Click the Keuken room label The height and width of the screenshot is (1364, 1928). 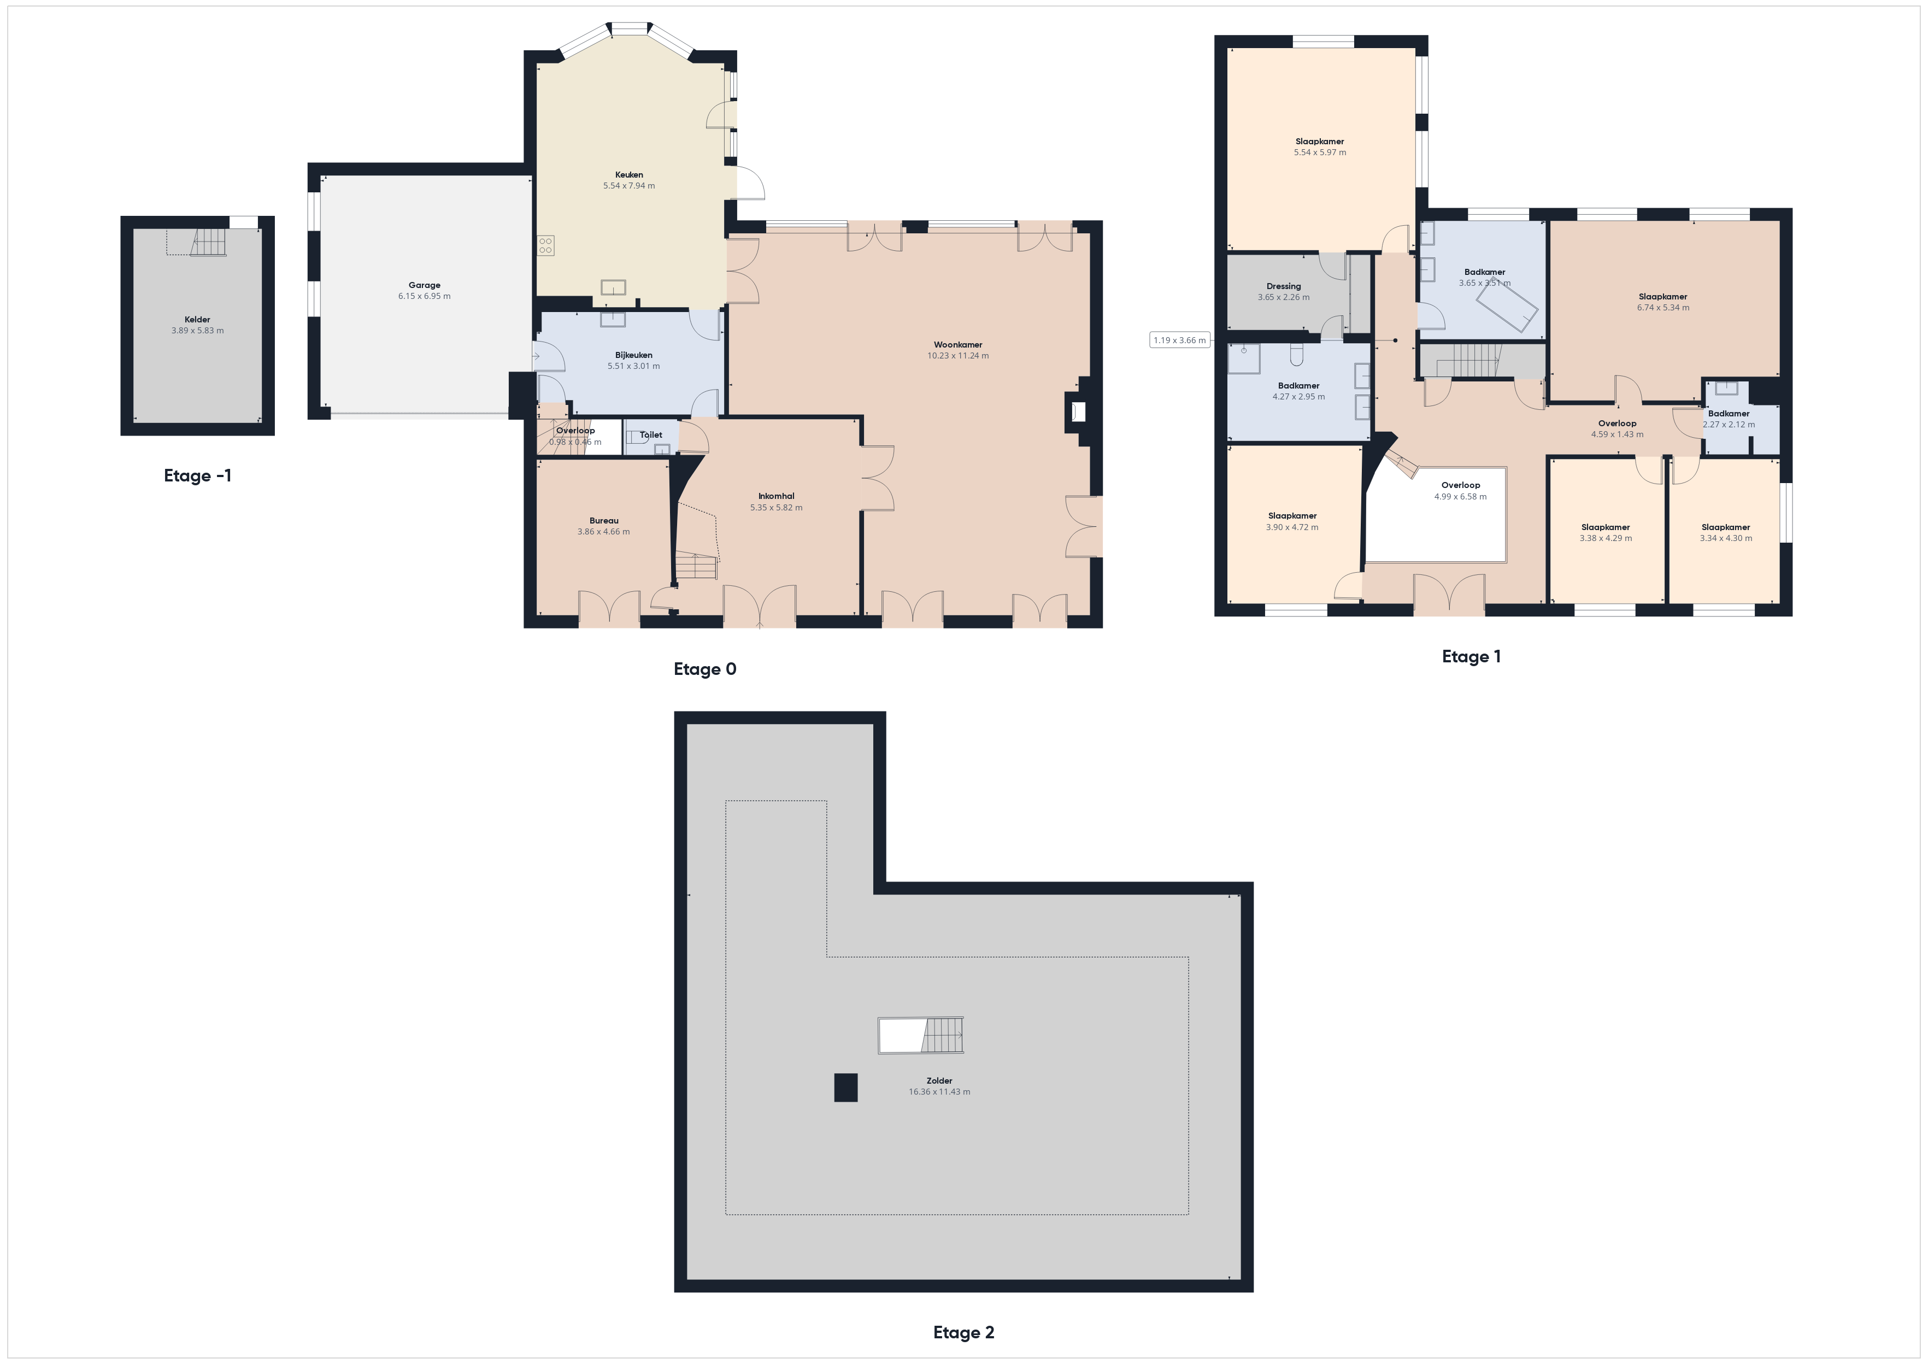(629, 175)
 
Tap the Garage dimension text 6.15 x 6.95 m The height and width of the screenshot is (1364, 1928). (424, 297)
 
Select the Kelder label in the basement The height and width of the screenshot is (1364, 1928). (197, 319)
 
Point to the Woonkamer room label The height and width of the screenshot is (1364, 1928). (958, 344)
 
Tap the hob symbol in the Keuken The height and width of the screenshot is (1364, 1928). (546, 245)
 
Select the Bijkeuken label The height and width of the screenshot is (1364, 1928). (633, 355)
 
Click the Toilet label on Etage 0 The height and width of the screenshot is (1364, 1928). (651, 435)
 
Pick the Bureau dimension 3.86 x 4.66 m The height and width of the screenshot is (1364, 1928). (604, 532)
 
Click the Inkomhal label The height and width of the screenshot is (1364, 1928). (776, 496)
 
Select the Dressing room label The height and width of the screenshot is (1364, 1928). (1283, 286)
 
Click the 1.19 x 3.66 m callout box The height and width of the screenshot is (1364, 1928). (1180, 340)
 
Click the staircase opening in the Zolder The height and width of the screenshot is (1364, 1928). (920, 1036)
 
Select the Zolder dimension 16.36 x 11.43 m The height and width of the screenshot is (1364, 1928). (939, 1092)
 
